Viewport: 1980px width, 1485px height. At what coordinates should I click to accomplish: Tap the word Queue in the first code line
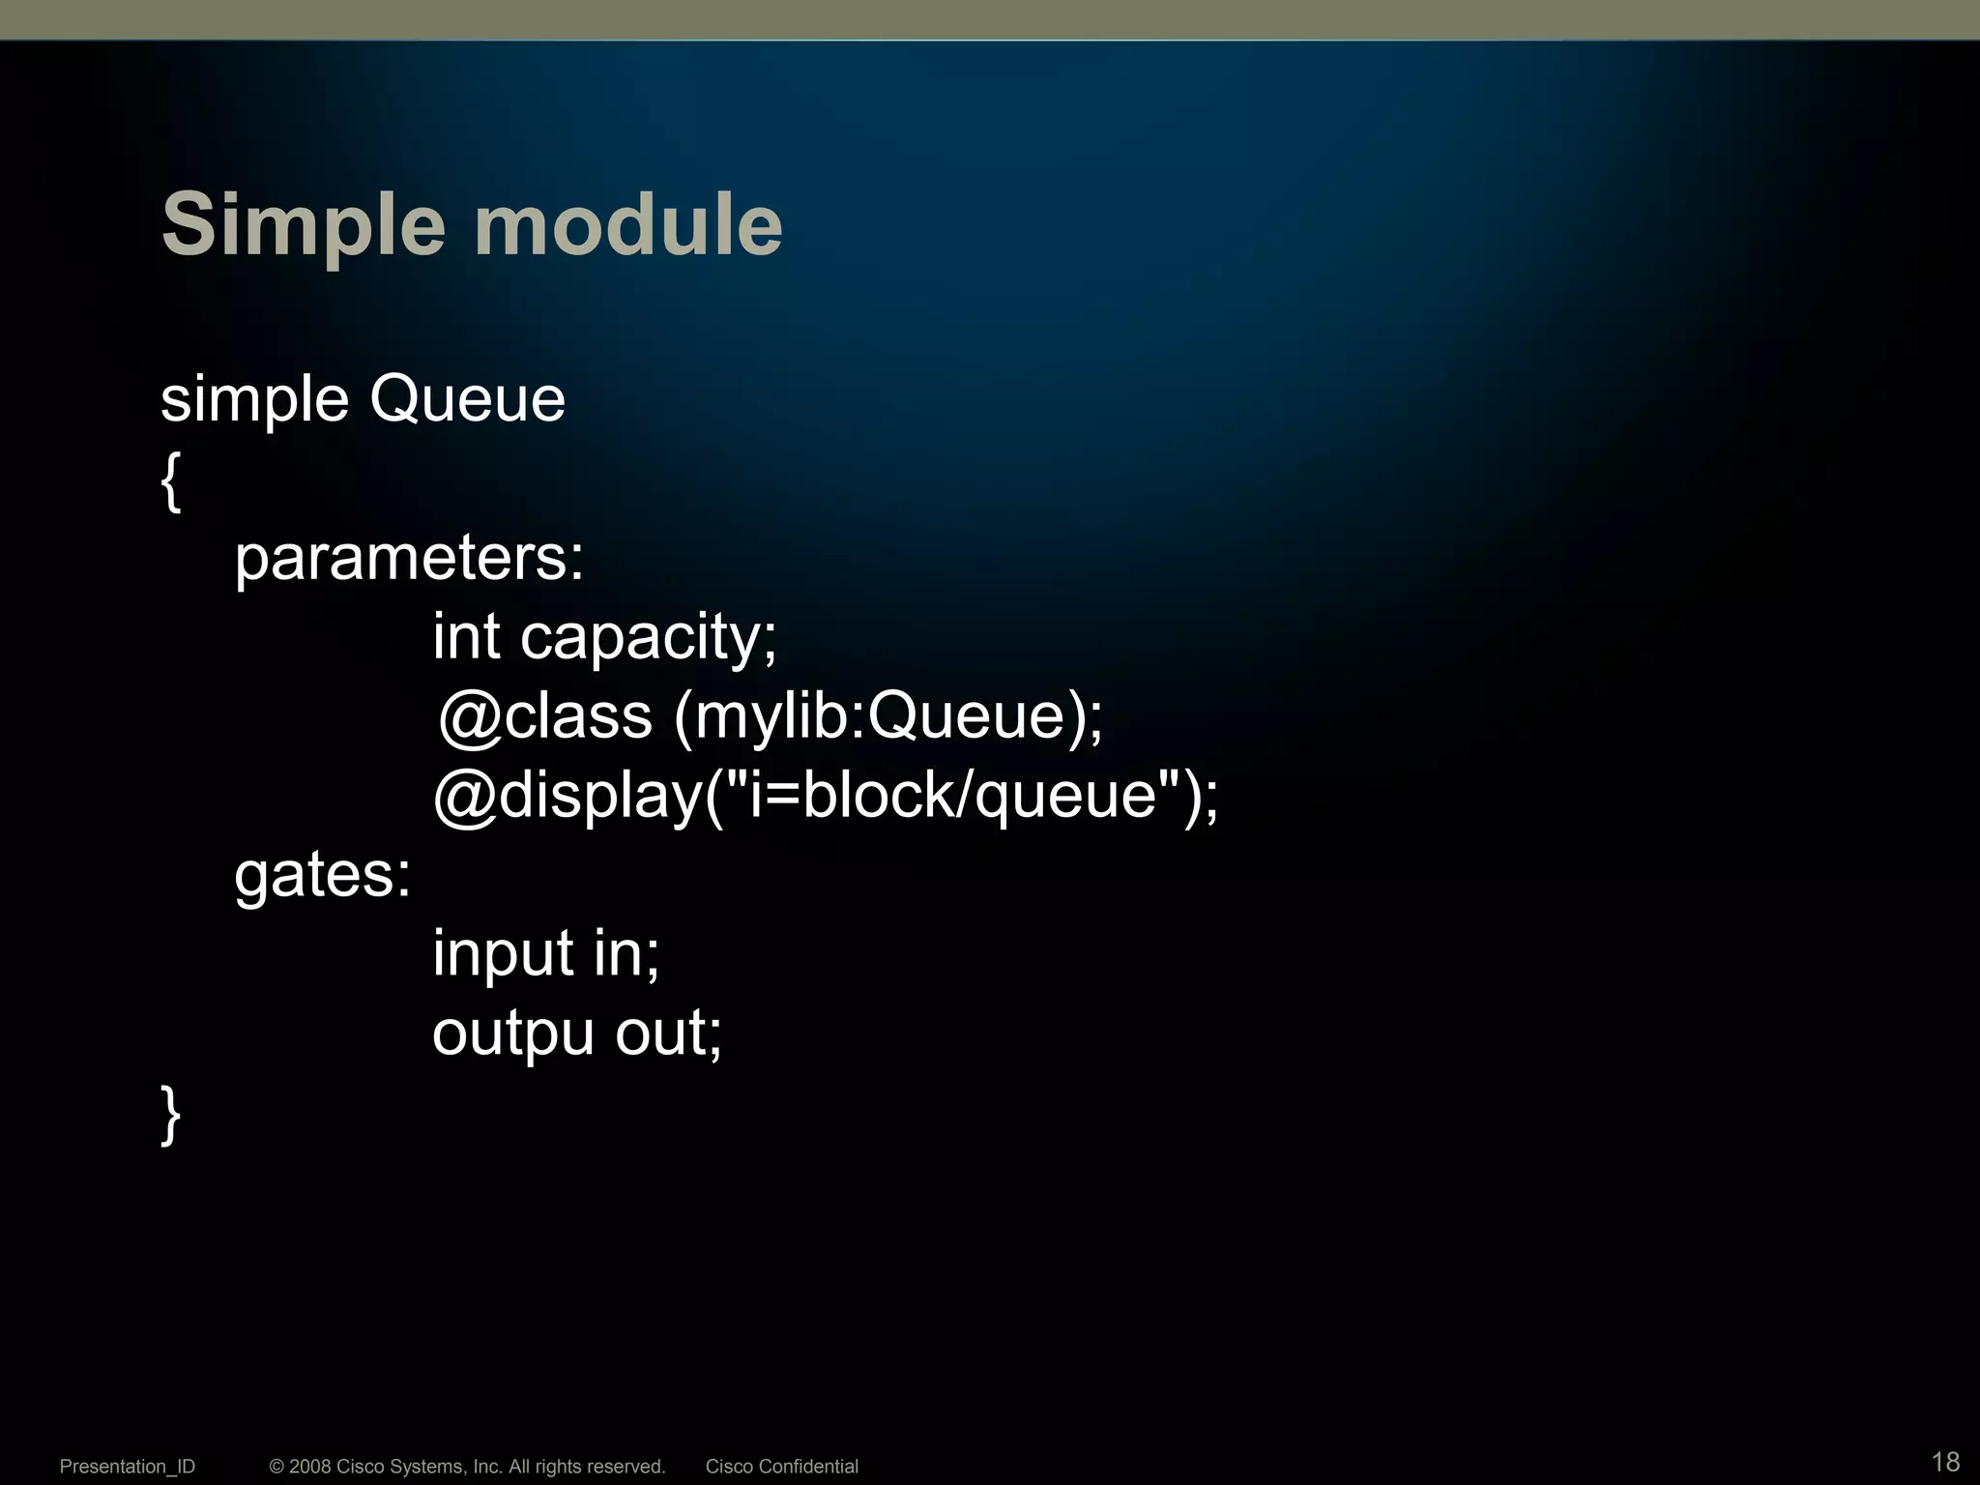467,398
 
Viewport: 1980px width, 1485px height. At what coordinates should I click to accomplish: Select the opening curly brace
171,480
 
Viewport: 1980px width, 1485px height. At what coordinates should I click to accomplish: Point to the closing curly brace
171,1114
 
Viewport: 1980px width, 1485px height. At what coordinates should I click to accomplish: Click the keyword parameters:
409,559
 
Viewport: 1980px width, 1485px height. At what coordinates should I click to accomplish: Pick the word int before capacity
466,636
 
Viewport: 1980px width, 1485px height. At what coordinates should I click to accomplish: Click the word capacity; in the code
649,638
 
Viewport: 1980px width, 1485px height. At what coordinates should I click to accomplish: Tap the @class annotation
545,717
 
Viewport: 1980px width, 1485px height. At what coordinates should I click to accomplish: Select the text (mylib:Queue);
888,717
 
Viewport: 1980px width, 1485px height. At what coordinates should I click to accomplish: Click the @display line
826,797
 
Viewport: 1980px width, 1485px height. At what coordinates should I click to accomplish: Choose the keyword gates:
323,876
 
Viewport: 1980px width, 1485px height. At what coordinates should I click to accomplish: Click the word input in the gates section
503,955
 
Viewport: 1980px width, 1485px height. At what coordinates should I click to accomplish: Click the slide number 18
1945,1461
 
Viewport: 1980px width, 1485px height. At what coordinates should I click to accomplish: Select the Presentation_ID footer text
128,1467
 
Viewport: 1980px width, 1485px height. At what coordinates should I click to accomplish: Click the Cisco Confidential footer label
781,1467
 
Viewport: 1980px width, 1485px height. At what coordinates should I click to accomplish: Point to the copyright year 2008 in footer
310,1467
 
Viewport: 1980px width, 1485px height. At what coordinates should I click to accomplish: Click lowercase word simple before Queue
254,398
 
